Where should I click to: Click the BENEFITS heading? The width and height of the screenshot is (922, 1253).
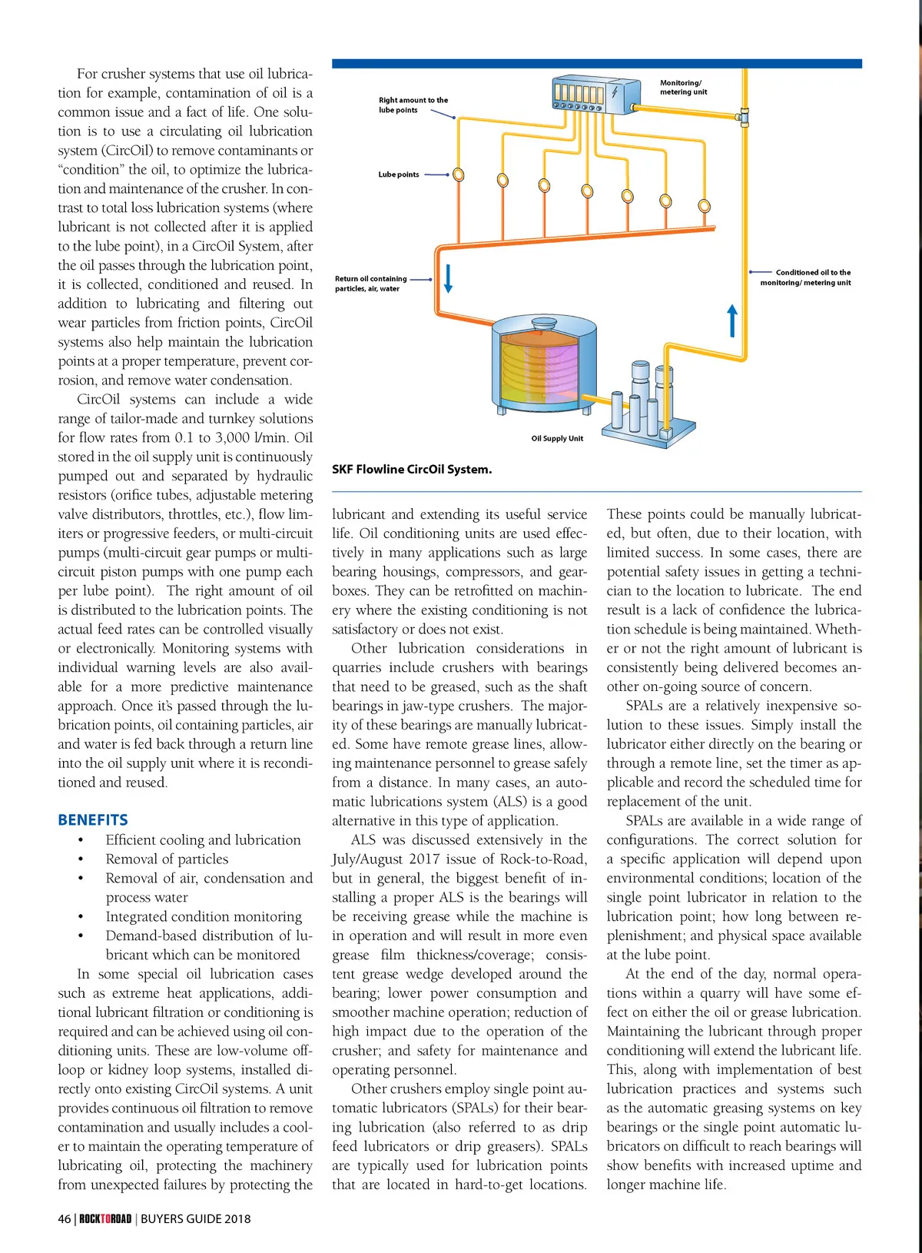(93, 819)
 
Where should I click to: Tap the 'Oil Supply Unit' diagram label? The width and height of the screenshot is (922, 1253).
(557, 438)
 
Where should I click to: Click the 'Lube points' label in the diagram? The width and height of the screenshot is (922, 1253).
(399, 174)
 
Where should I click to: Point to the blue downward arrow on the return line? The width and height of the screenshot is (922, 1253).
(449, 278)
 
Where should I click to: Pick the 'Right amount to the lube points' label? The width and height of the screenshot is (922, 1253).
(413, 105)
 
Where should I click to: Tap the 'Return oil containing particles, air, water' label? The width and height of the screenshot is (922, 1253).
(371, 284)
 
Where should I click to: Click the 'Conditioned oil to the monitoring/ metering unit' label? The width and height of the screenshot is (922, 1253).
(807, 278)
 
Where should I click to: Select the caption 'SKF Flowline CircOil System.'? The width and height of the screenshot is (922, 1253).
(412, 469)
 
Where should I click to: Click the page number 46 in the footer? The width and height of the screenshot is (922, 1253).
(65, 1218)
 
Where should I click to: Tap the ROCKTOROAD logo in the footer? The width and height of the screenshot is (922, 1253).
(105, 1218)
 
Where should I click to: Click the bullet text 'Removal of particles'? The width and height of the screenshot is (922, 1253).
(167, 859)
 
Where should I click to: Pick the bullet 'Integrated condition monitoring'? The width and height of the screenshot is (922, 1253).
(204, 916)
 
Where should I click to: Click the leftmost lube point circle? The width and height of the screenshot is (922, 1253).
(459, 174)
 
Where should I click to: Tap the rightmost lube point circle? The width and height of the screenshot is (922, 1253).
(705, 206)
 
